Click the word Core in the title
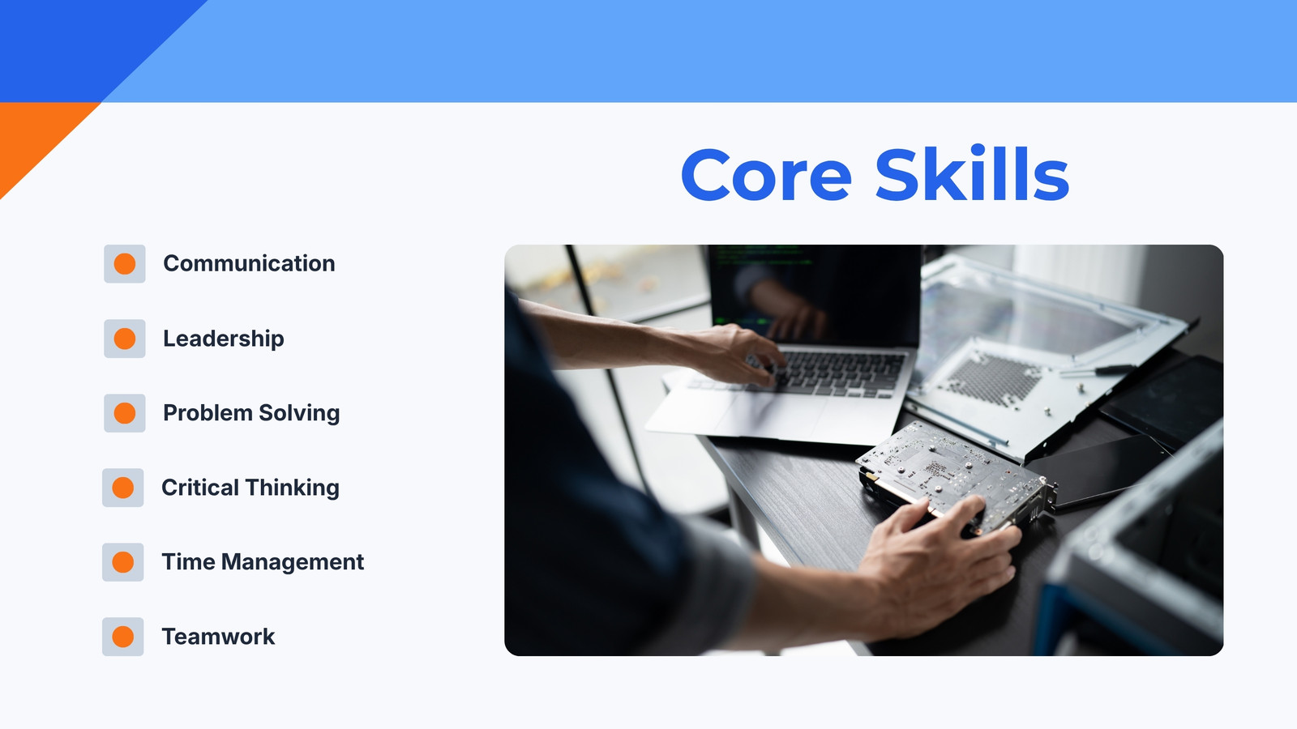pos(766,174)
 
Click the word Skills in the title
pos(972,173)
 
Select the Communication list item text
pos(249,263)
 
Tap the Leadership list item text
pos(224,339)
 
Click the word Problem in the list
pos(208,413)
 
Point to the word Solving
pos(299,414)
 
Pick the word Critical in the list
pos(199,488)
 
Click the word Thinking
pos(292,488)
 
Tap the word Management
pos(293,562)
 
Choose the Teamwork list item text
pos(218,637)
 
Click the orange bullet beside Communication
pos(125,264)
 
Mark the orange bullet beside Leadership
pos(125,339)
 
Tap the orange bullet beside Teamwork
pos(122,637)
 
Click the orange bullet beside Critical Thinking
pos(122,488)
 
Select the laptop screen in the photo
pos(815,295)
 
